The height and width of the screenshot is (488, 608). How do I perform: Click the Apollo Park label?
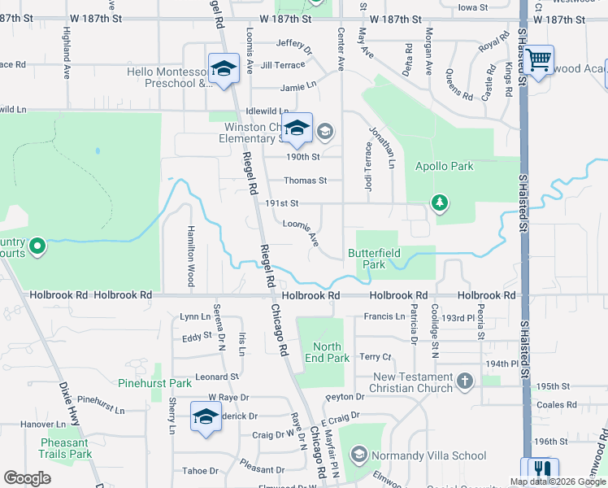tap(444, 166)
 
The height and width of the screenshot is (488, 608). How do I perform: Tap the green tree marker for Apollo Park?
tap(440, 202)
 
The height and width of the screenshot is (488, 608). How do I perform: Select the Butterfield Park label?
tap(374, 259)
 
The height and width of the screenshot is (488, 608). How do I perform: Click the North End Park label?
tap(327, 352)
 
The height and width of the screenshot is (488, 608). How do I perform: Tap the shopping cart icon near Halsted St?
tap(537, 59)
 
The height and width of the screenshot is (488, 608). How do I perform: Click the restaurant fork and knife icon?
tap(542, 469)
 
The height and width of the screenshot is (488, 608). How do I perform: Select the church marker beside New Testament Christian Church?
tap(464, 381)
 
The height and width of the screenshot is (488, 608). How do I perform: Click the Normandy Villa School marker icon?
tap(358, 455)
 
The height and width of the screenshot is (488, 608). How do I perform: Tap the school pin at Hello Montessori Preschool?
tap(222, 68)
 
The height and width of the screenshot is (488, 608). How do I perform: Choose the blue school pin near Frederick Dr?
tap(206, 416)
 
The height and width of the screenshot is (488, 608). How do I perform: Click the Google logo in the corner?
tap(27, 478)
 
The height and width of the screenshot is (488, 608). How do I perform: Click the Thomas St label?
tap(305, 181)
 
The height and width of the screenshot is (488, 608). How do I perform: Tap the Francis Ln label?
tap(384, 316)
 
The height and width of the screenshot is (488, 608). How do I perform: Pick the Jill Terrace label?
tap(283, 64)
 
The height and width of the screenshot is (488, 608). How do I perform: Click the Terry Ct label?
tap(376, 357)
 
